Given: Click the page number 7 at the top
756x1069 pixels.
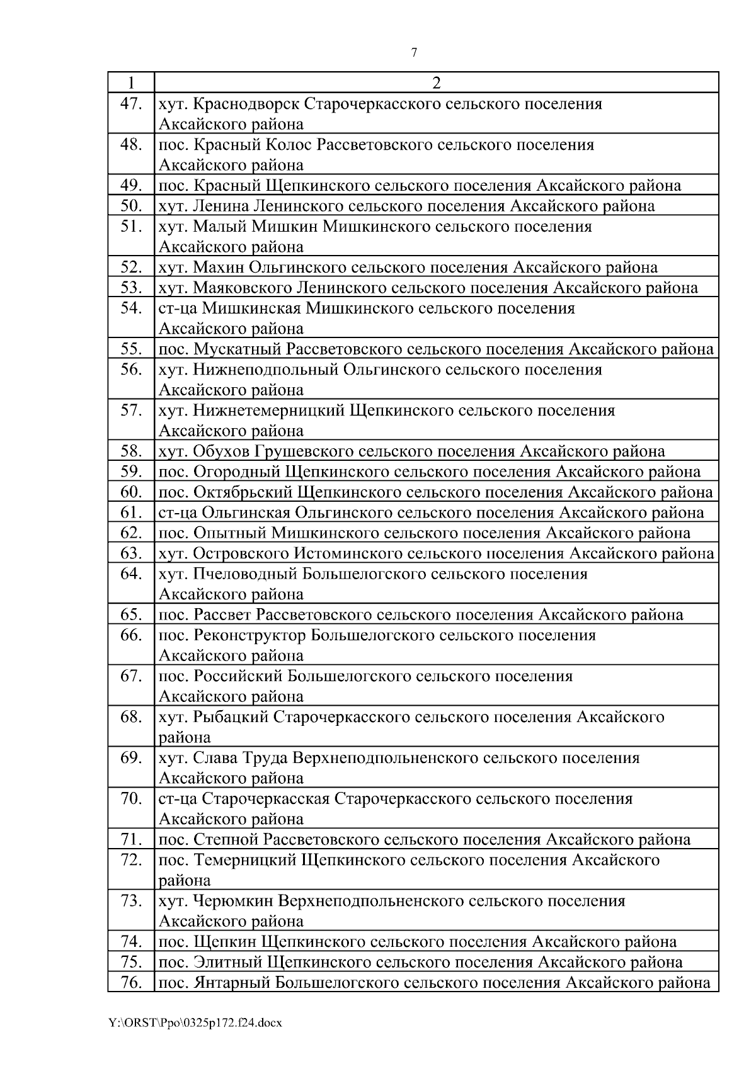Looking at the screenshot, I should click(414, 53).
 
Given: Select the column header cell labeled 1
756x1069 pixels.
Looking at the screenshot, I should click(130, 82).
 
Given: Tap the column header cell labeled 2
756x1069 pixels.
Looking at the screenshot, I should click(436, 82).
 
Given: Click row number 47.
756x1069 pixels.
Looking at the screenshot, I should click(130, 103).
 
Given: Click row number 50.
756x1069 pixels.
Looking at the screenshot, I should click(130, 206).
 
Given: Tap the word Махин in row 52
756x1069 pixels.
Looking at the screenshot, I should click(218, 268).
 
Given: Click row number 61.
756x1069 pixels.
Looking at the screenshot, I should click(130, 512).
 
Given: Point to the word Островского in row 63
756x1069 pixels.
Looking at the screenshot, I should click(240, 553).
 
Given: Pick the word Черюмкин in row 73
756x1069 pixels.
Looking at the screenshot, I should click(232, 901).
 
